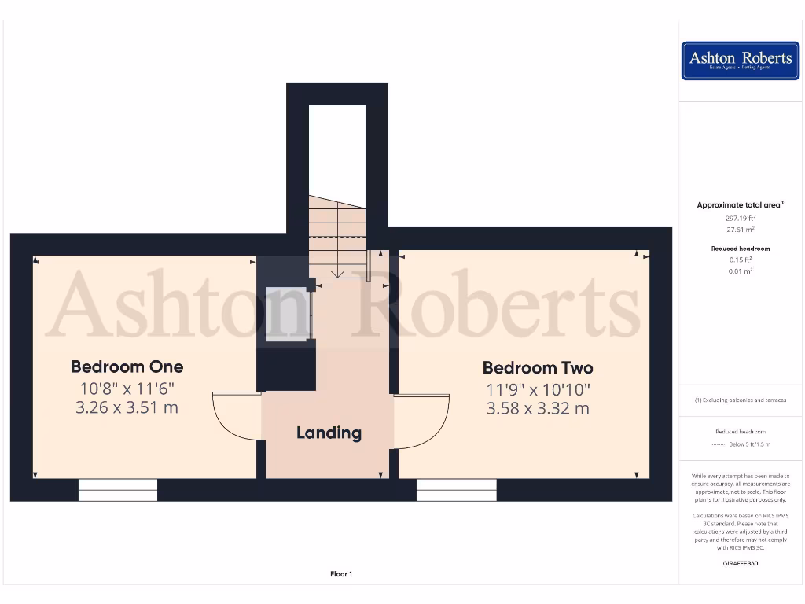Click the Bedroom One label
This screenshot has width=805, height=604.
coord(127,366)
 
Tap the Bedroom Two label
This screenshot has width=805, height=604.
coord(538,367)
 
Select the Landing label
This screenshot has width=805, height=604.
coord(329,433)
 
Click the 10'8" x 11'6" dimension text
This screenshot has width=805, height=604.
coord(127,388)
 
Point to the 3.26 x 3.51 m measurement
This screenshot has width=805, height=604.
coord(127,407)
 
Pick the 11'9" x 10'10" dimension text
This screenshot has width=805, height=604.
coord(538,389)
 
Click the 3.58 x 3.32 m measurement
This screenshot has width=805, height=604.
coord(538,408)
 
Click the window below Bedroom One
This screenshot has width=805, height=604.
coord(118,490)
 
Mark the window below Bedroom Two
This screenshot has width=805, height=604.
coord(457,490)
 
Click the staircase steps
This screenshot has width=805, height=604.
coord(337,236)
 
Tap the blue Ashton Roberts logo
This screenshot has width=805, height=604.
coord(741,61)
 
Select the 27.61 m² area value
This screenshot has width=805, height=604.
coord(741,230)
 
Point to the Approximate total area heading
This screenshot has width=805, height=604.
coord(740,205)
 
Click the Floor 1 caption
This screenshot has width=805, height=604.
coord(341,574)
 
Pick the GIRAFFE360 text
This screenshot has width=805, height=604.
coord(741,563)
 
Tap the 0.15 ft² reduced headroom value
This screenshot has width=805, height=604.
coord(741,260)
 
